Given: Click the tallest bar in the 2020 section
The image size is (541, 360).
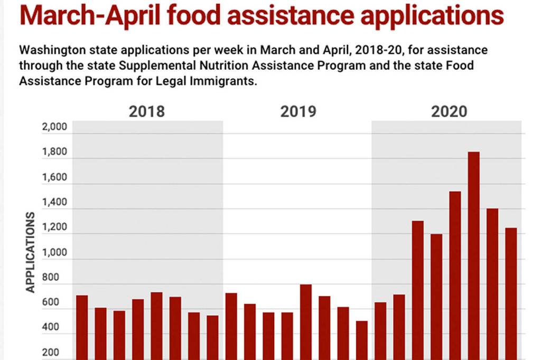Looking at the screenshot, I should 473,253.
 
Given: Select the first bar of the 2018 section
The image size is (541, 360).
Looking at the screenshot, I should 82,327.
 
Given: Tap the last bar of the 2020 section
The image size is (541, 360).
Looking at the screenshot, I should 511,293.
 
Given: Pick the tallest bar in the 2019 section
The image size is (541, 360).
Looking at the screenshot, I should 306,322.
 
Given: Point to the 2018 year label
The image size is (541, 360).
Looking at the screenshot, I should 147,112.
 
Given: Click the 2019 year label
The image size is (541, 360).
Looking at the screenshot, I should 298,112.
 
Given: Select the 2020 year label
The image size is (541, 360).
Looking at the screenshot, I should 449,112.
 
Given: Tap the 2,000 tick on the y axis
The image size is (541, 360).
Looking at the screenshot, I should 54,127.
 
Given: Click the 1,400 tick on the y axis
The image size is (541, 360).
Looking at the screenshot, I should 54,202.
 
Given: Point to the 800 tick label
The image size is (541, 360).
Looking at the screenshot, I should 58,278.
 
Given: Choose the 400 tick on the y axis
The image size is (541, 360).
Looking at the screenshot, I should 58,328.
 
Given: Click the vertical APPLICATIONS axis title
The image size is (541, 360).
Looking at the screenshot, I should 30,252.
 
